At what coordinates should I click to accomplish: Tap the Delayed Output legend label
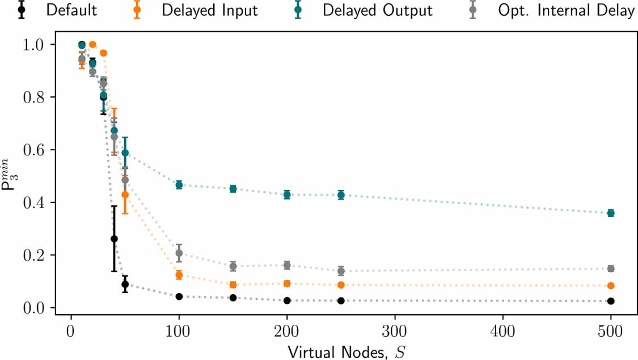[x=378, y=10]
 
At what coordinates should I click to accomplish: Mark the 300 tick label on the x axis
[x=395, y=330]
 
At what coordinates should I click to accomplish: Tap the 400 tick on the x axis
[x=502, y=330]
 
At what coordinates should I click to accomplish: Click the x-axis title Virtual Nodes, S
[x=340, y=351]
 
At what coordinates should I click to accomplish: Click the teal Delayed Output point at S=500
[x=611, y=213]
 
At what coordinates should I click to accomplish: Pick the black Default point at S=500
[x=611, y=301]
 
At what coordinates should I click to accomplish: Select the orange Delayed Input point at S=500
[x=611, y=286]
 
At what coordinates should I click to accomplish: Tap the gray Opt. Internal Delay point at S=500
[x=611, y=269]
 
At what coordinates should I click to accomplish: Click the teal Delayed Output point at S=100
[x=179, y=185]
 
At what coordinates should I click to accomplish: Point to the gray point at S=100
[x=179, y=253]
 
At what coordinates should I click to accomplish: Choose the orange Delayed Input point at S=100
[x=179, y=275]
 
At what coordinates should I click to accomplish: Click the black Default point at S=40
[x=114, y=239]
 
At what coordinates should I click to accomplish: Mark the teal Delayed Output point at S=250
[x=341, y=195]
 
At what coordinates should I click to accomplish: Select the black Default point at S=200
[x=287, y=300]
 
